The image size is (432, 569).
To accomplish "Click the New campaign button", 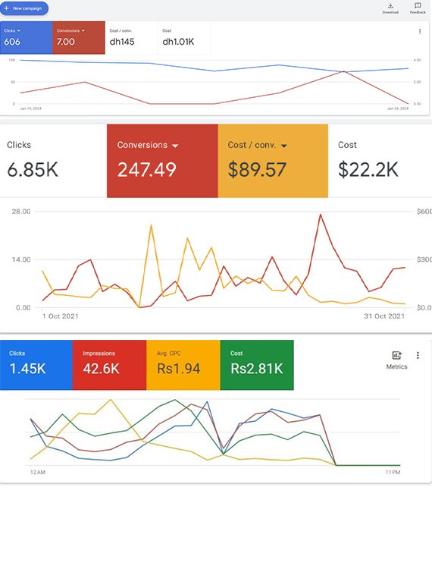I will pos(24,8).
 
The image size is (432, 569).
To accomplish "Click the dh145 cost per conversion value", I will pos(121,42).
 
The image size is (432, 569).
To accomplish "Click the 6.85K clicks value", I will pos(33,169).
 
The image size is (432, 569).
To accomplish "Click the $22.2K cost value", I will pos(368,169).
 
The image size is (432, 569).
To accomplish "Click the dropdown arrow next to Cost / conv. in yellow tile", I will pos(284,146).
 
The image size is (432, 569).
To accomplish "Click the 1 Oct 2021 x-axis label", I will pos(60,316).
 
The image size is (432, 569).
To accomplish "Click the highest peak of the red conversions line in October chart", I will pos(321,215).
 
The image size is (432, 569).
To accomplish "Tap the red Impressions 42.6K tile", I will pos(109,364).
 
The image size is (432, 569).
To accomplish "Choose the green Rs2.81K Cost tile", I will pos(256,364).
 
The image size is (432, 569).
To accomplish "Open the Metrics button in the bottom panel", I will pos(396,360).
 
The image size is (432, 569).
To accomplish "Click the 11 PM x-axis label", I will pos(392,473).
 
